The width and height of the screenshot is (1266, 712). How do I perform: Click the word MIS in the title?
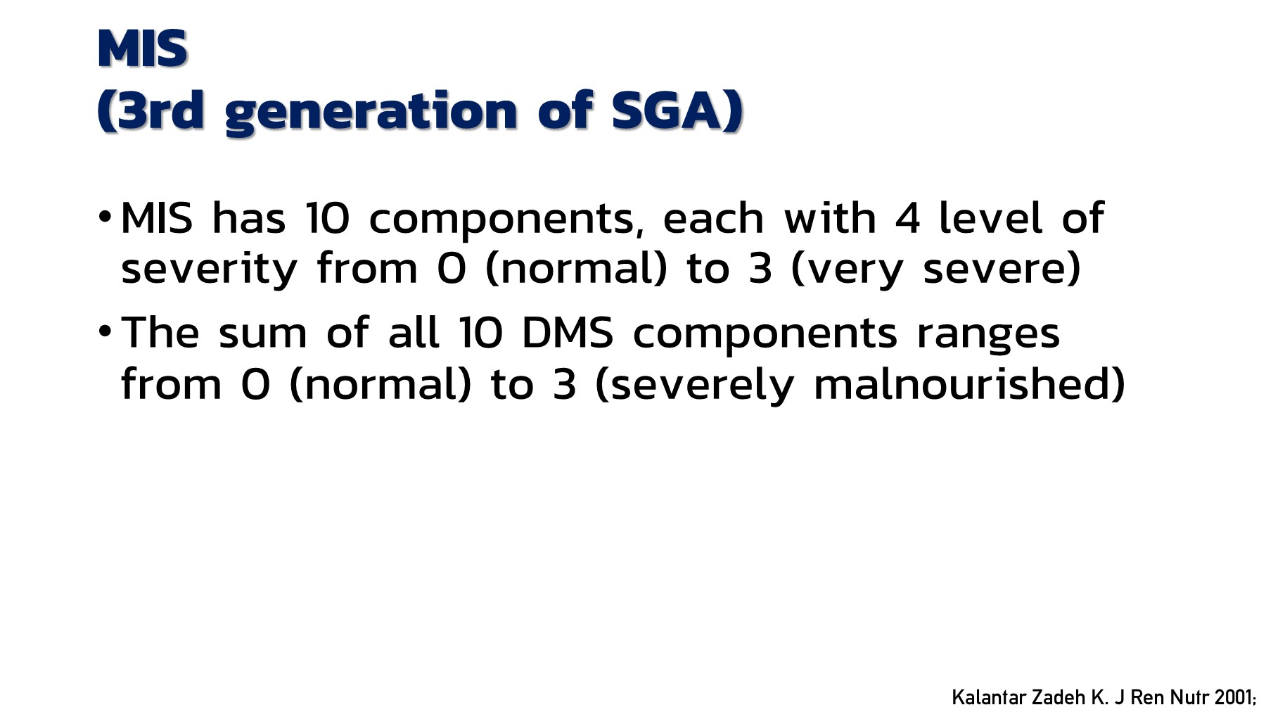pyautogui.click(x=142, y=49)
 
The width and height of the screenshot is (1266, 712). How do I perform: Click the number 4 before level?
pyautogui.click(x=907, y=218)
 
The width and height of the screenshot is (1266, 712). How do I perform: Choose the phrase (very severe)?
pyautogui.click(x=935, y=269)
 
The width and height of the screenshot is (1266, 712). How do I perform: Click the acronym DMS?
pyautogui.click(x=568, y=333)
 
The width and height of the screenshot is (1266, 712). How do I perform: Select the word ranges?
pyautogui.click(x=987, y=334)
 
